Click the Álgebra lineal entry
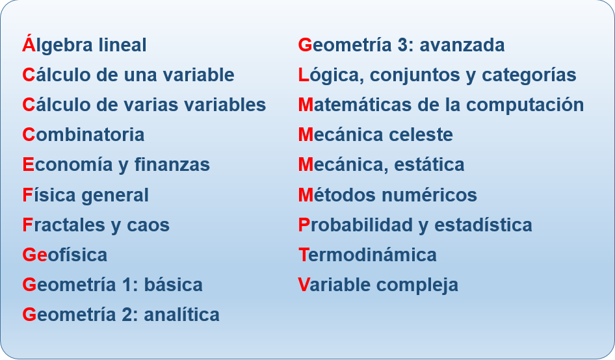pos(85,44)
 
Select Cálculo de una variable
pos(128,75)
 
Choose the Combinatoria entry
pos(84,135)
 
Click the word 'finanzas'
pos(172,164)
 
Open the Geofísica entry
pos(65,255)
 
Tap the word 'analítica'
pos(181,315)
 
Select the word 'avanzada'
pos(462,45)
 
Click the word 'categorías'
pos(529,75)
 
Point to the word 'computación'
pos(525,105)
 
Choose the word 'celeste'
pos(421,135)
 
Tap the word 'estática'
pos(429,164)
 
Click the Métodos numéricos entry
pos(387,194)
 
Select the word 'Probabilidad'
pos(356,225)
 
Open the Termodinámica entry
pos(367,255)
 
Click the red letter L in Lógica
pos(304,75)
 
